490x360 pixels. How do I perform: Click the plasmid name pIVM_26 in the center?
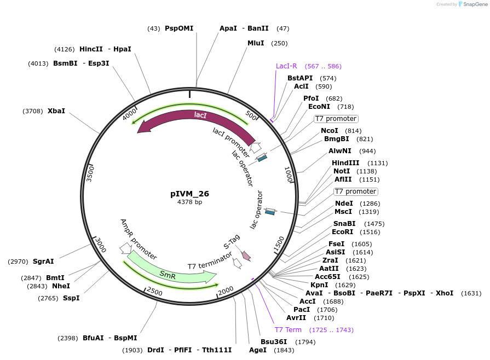(x=189, y=194)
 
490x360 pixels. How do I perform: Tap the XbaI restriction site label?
(x=56, y=111)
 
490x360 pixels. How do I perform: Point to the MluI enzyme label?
(x=256, y=43)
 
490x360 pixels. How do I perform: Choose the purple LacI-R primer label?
(x=286, y=66)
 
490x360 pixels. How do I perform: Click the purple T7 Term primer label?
(x=288, y=330)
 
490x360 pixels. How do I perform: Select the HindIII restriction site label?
(x=345, y=163)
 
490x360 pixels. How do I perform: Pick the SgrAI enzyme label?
(x=43, y=262)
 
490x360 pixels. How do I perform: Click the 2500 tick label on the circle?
(x=154, y=292)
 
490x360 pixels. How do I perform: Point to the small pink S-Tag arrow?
(x=246, y=255)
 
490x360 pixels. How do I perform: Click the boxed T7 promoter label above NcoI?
(x=336, y=119)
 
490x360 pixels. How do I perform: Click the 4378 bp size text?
(x=189, y=202)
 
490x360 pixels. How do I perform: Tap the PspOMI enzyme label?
(x=179, y=28)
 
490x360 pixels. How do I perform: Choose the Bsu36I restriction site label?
(x=273, y=342)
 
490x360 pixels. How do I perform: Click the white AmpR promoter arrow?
(x=125, y=248)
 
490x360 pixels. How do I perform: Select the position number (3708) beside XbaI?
(x=33, y=111)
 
